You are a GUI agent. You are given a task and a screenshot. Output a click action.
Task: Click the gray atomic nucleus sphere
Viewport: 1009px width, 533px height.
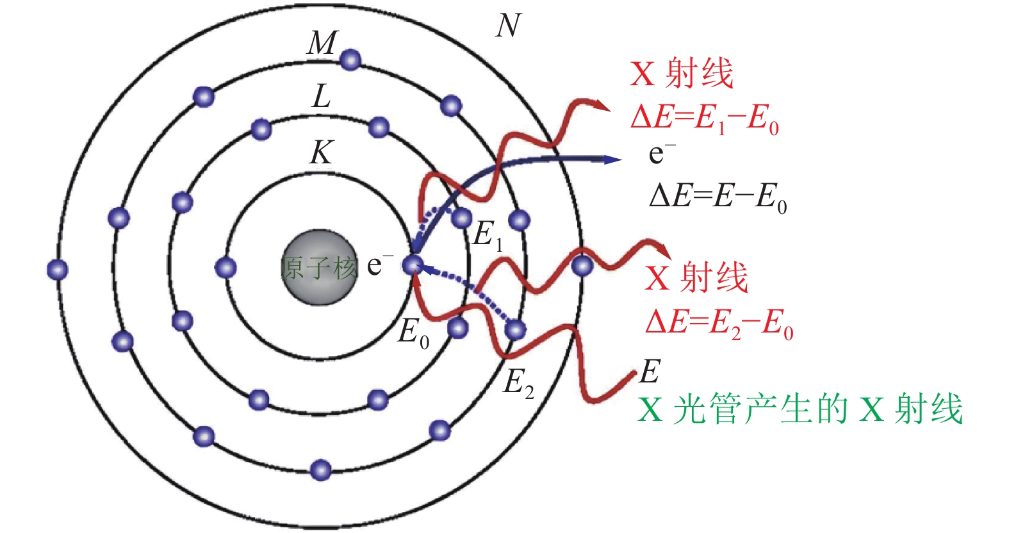click(x=319, y=266)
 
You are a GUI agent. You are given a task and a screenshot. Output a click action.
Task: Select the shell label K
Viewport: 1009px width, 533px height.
click(x=321, y=153)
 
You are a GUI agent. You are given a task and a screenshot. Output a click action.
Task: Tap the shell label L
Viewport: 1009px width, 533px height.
click(x=321, y=97)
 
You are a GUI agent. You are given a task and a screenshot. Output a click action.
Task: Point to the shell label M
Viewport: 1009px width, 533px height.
click(x=322, y=44)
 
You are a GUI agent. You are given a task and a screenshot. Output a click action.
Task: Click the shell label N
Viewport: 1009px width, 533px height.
click(x=508, y=26)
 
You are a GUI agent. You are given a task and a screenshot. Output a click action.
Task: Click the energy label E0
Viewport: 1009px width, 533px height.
click(x=413, y=334)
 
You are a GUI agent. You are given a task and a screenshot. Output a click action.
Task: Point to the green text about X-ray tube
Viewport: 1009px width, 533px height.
click(x=800, y=409)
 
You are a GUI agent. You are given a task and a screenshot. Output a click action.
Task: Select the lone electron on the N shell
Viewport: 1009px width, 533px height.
click(x=582, y=266)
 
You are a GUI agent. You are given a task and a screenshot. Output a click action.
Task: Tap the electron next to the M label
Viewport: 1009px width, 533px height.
click(x=350, y=60)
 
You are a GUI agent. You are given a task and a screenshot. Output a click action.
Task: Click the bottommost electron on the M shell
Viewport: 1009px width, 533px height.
click(x=320, y=470)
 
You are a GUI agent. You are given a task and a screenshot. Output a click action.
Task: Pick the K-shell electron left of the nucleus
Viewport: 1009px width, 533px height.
click(x=226, y=267)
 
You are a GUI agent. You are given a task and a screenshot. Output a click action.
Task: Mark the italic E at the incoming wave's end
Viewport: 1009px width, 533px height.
click(x=649, y=371)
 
